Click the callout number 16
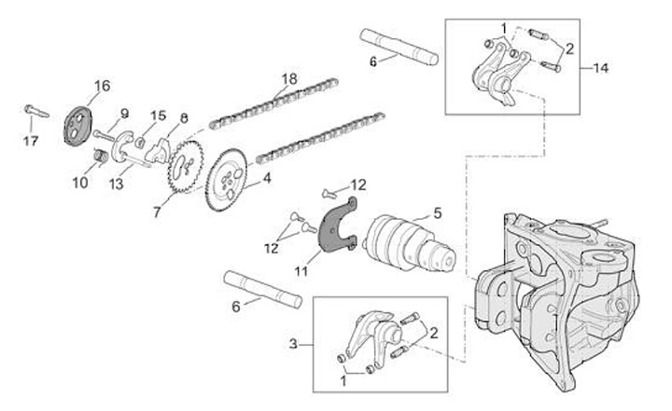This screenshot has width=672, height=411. pyautogui.click(x=102, y=86)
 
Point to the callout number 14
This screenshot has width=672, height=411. pyautogui.click(x=600, y=68)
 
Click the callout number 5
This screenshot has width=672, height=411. pyautogui.click(x=436, y=213)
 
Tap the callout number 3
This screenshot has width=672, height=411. pyautogui.click(x=297, y=345)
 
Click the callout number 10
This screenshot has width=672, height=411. pyautogui.click(x=78, y=183)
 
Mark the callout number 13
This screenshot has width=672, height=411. pyautogui.click(x=116, y=184)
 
